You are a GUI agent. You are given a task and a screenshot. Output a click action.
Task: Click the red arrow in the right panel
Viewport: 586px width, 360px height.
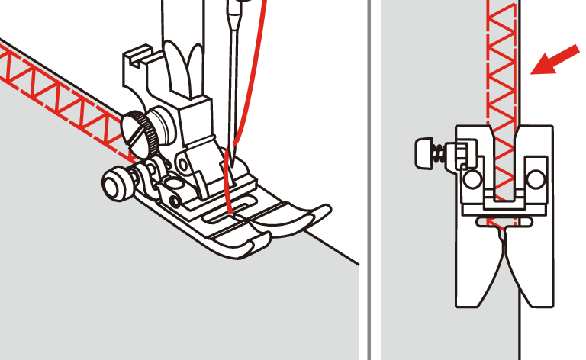coord(550,59)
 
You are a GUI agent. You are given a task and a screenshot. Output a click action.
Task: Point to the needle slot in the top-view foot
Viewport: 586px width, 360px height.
coord(501,221)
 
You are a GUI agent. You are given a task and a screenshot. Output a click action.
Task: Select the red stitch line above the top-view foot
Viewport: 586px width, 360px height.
coord(501,61)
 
